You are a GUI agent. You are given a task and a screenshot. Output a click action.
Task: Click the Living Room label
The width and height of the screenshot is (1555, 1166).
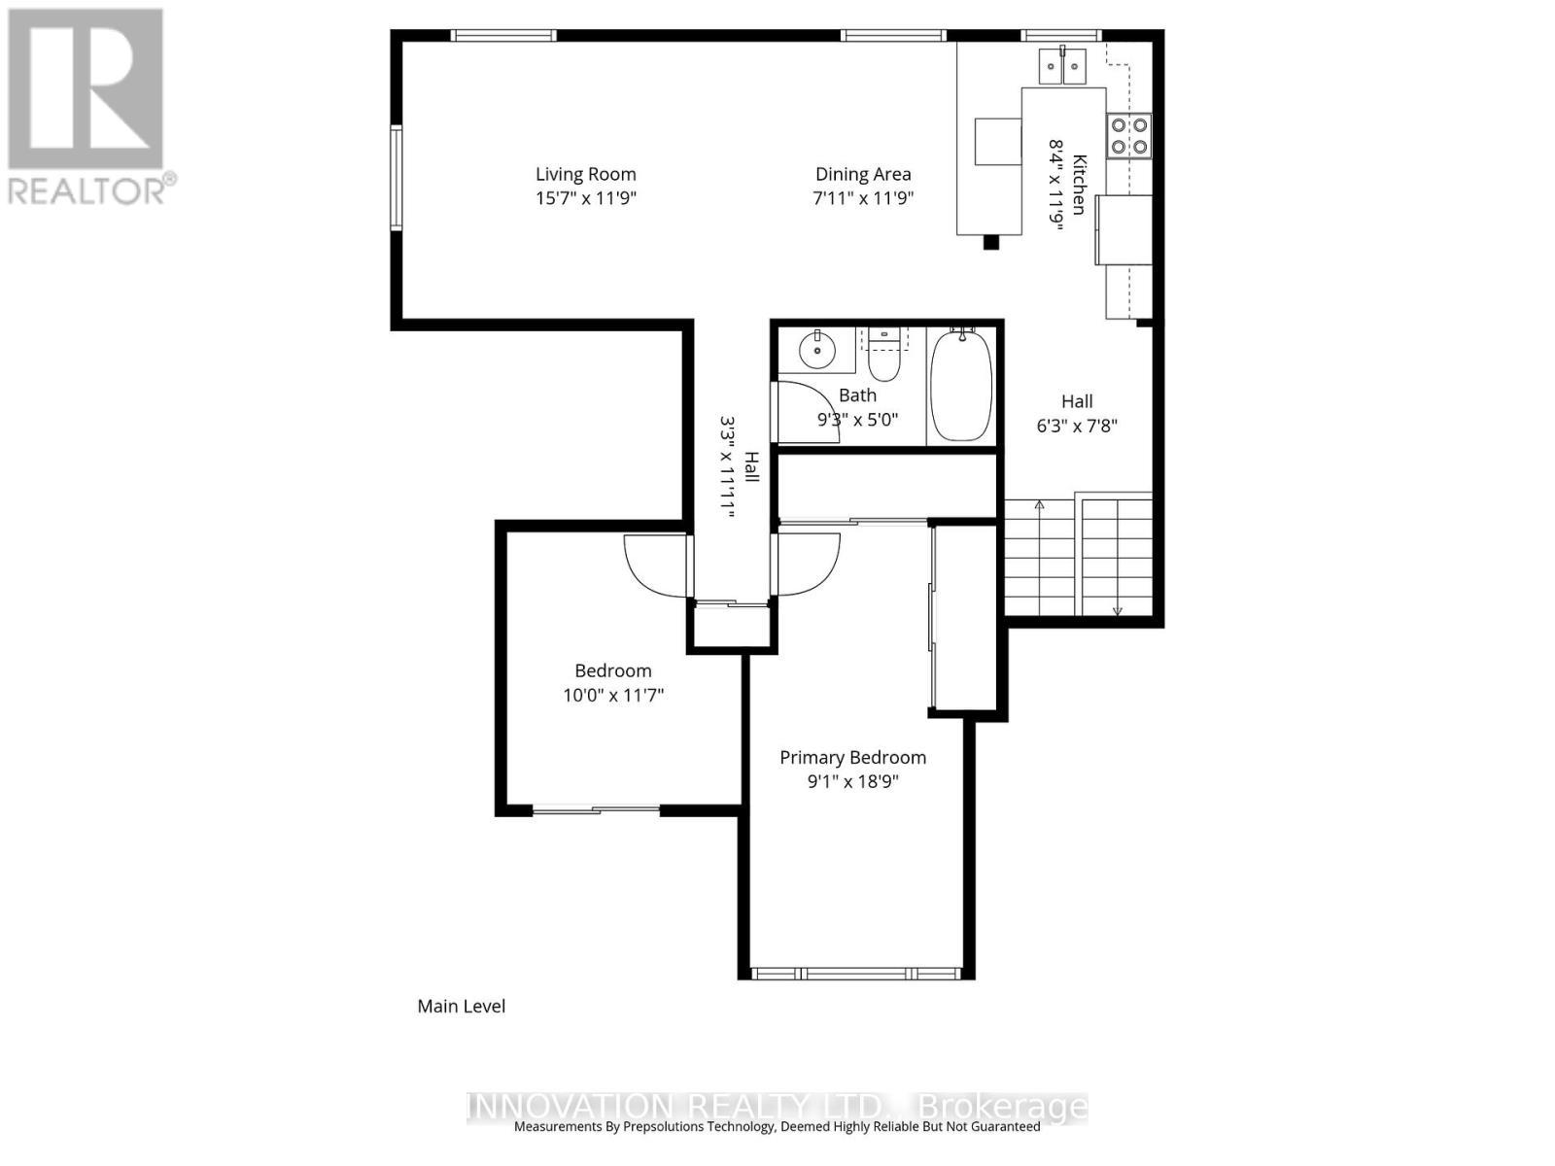click(x=585, y=175)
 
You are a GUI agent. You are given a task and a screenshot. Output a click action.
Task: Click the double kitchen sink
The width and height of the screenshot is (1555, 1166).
click(x=1061, y=67)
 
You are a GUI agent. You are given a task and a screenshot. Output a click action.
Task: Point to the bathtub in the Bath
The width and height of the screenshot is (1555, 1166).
click(x=961, y=387)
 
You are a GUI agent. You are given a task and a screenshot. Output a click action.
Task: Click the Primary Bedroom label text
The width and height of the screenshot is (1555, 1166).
click(x=852, y=758)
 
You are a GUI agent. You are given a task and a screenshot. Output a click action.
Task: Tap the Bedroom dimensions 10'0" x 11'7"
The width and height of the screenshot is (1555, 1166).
click(x=613, y=696)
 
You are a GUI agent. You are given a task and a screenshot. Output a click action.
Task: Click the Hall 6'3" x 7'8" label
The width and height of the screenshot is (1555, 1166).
click(x=1076, y=413)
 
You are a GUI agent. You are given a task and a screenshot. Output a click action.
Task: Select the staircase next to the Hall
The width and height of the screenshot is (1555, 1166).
click(x=1079, y=557)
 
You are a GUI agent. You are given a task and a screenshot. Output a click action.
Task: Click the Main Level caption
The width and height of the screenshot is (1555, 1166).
click(x=461, y=1007)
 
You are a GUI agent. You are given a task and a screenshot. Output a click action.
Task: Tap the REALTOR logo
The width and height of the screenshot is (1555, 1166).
click(x=87, y=107)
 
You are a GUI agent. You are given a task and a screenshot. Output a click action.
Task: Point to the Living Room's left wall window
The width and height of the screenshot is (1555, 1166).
click(x=397, y=178)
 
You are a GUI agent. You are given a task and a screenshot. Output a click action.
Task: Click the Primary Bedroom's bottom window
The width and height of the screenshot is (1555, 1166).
click(x=856, y=973)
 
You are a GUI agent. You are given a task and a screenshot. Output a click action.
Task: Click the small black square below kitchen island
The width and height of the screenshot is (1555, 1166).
click(x=990, y=243)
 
